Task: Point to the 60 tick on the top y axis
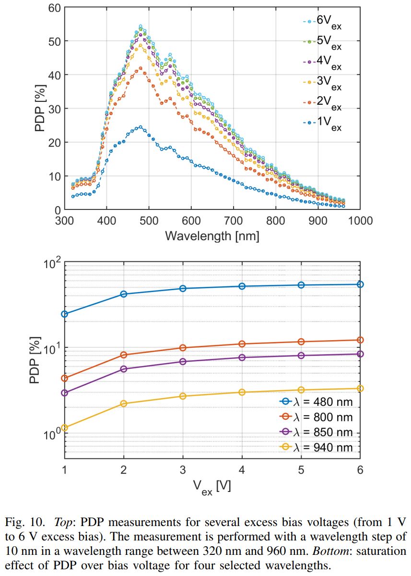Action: (54, 8)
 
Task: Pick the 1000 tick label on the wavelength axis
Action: (359, 221)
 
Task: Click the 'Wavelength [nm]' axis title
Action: (212, 236)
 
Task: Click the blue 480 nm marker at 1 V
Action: (64, 314)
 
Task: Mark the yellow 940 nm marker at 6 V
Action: (360, 388)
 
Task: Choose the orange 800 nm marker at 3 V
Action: (183, 348)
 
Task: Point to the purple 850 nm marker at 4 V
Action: (242, 357)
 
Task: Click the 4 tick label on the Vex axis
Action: (242, 469)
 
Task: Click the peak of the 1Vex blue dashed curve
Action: (140, 127)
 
